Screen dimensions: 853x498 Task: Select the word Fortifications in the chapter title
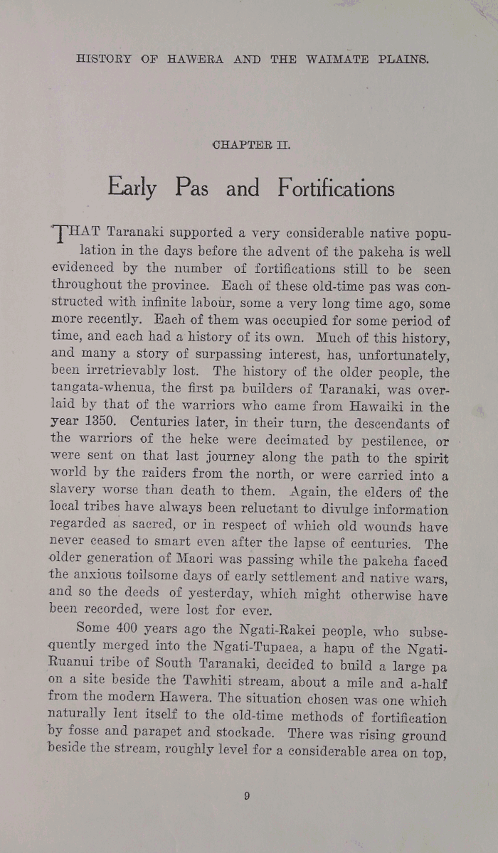click(x=337, y=189)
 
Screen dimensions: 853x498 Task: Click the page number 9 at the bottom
click(x=246, y=796)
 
